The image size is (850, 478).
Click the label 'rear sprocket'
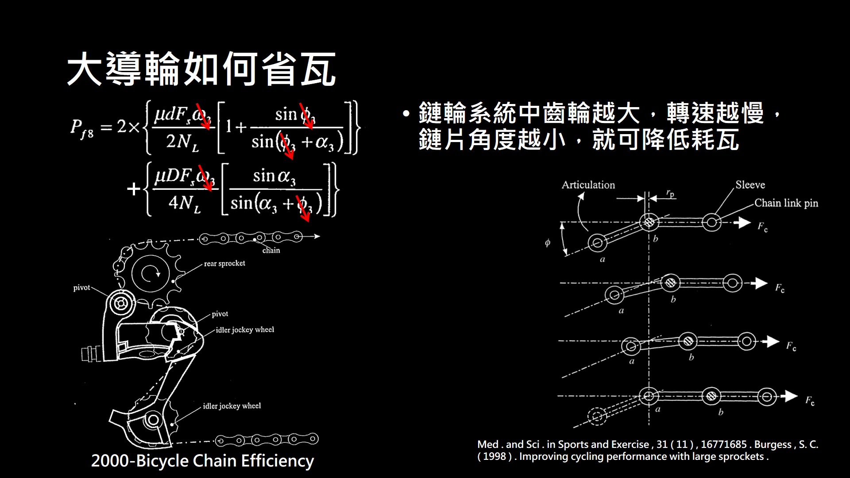point(224,263)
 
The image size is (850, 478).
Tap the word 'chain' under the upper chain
point(271,251)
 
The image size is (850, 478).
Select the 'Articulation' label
point(588,185)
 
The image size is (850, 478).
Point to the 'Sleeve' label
point(750,185)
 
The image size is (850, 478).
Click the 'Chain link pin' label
point(786,203)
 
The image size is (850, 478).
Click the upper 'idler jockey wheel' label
point(245,330)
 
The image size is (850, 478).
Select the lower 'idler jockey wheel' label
point(232,406)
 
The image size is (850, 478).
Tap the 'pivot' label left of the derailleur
point(81,288)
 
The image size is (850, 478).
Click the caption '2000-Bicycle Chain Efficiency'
point(202,461)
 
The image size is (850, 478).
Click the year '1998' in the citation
point(495,457)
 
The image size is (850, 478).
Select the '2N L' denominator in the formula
point(182,143)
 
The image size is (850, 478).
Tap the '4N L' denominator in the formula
point(184,204)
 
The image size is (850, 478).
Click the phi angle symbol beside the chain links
point(548,243)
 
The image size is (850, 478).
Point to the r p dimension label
point(670,193)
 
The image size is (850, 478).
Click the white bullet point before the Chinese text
point(406,114)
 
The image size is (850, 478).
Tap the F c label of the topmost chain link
point(762,227)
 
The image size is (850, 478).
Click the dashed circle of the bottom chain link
point(596,416)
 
